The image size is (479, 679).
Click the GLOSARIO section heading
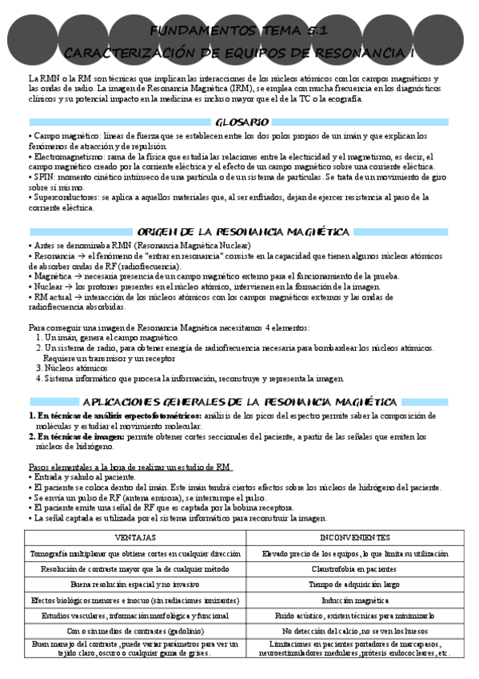click(x=241, y=123)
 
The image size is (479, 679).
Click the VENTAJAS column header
click(x=136, y=537)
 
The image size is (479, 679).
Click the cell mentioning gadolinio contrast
click(x=136, y=631)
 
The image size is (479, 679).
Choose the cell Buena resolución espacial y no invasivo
click(x=136, y=584)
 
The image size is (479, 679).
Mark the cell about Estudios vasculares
click(x=136, y=615)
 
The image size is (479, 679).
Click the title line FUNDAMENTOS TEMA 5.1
click(x=240, y=30)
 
